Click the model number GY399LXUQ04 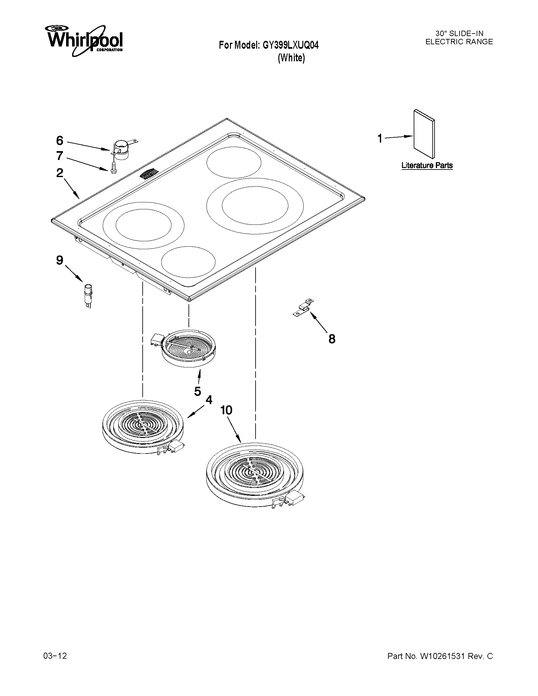coord(290,46)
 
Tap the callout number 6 coord(59,140)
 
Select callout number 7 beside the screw coord(59,156)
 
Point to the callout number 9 coord(59,260)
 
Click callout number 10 coord(226,410)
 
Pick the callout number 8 coord(332,339)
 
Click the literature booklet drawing coord(424,134)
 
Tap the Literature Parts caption coord(427,165)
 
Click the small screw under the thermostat coord(112,168)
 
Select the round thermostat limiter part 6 coord(121,149)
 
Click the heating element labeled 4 coord(142,426)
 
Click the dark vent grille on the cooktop coord(149,174)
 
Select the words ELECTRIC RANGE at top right coord(459,42)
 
